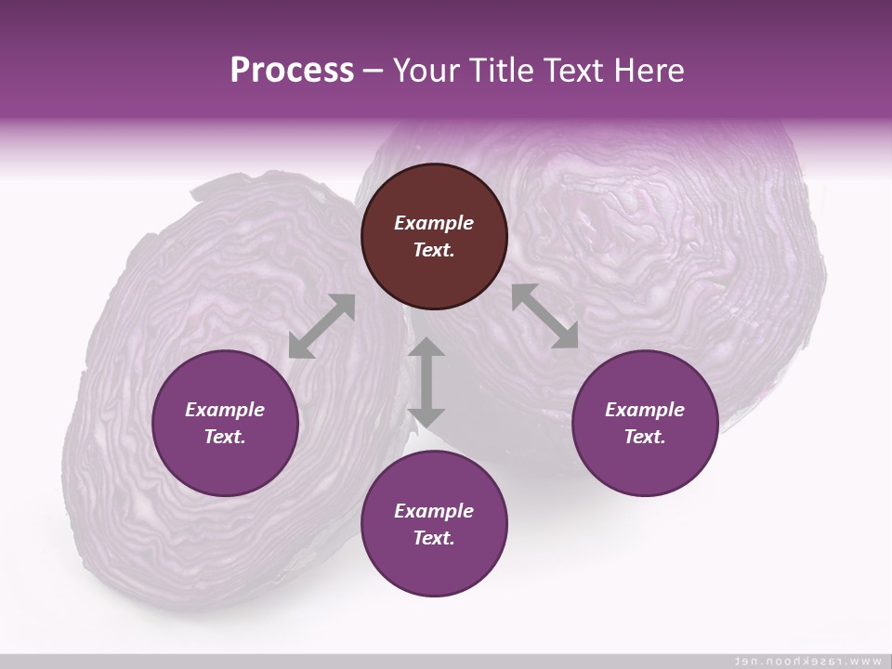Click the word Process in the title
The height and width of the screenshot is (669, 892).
[292, 71]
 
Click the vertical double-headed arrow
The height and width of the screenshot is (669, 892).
[427, 382]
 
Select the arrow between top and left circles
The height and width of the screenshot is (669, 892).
[321, 326]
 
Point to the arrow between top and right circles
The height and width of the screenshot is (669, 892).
[545, 317]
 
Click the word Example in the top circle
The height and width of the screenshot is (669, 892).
[434, 223]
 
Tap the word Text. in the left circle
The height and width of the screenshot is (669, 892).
[225, 437]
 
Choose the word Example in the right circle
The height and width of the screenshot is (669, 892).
[645, 410]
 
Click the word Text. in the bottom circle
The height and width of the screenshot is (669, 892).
[434, 538]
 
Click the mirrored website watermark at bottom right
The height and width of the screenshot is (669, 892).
[807, 661]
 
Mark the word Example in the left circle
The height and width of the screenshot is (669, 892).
[225, 410]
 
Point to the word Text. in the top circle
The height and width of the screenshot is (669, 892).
[434, 250]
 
